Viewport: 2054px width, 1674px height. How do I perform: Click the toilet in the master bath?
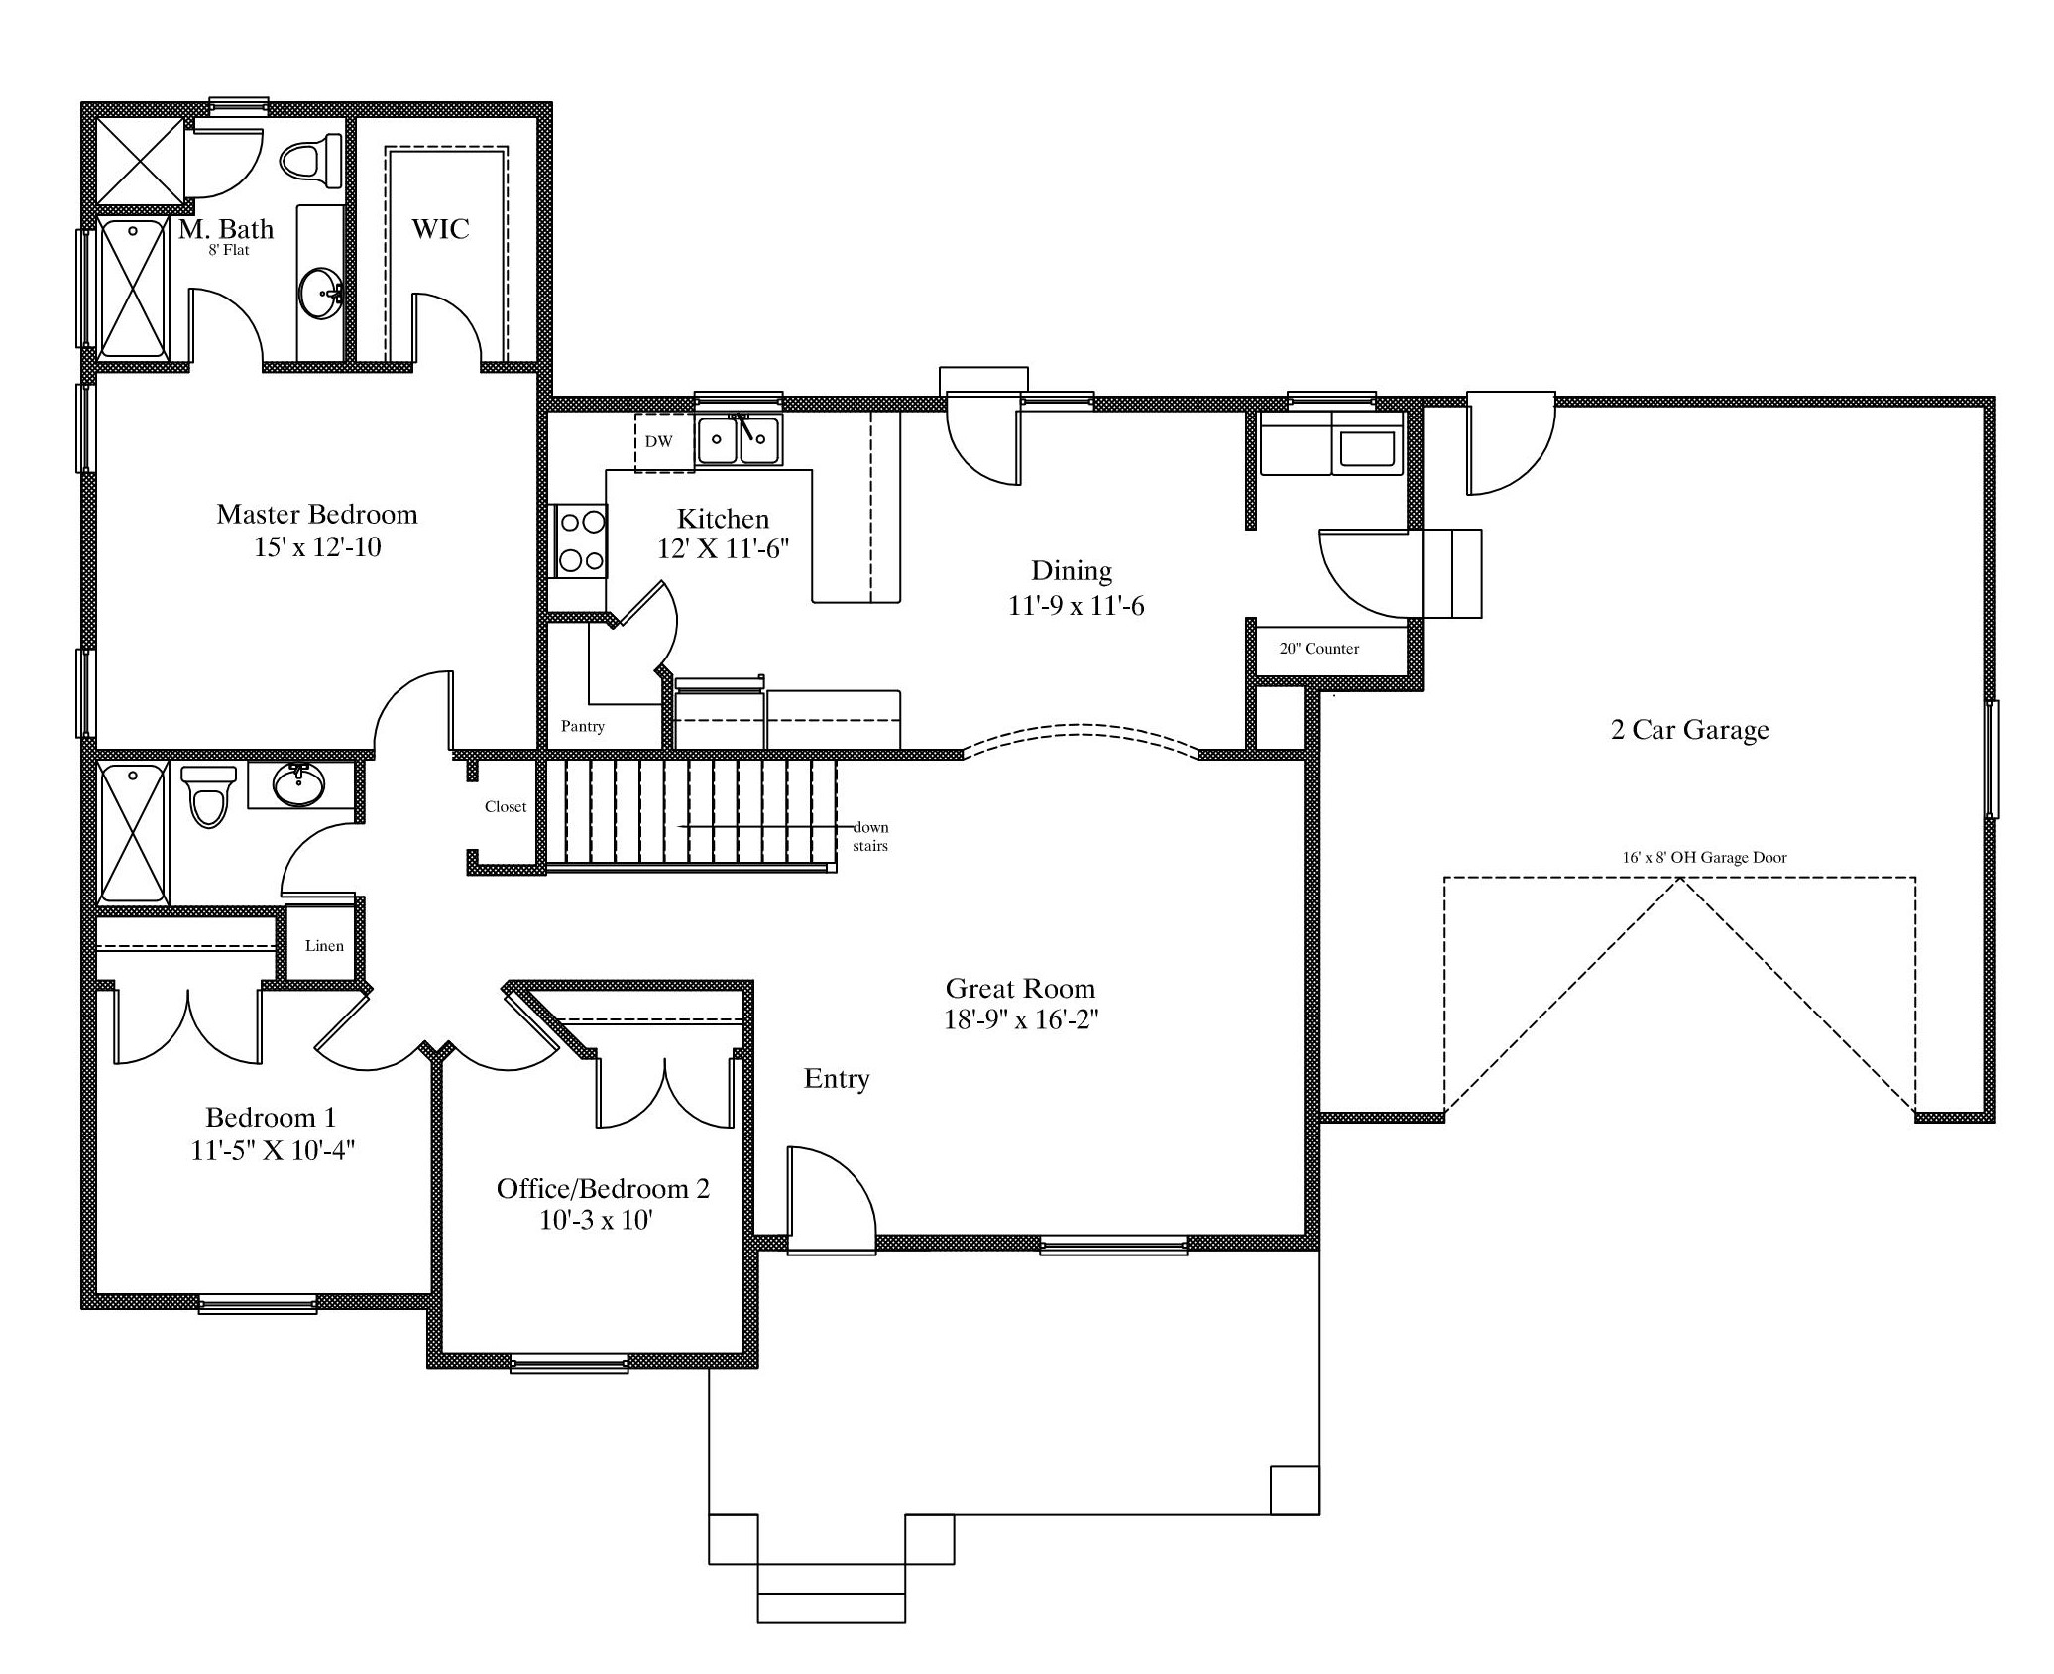[312, 161]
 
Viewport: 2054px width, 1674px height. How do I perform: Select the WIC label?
[440, 229]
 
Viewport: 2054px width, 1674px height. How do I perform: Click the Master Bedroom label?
[317, 514]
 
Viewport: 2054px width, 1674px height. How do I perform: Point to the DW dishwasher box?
[659, 441]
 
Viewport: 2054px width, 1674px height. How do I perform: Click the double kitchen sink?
[739, 439]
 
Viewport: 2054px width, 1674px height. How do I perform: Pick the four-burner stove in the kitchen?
[582, 540]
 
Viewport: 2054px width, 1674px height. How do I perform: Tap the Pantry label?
[583, 726]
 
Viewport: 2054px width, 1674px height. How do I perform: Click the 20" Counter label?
[1319, 649]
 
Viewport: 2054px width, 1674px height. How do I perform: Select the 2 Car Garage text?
[1690, 730]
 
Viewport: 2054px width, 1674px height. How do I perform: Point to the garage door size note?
[1705, 858]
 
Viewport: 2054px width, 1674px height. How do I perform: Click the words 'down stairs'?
[870, 837]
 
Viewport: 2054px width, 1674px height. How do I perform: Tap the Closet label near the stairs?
[506, 807]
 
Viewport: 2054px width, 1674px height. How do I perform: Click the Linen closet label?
[324, 946]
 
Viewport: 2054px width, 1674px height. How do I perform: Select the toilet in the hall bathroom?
[209, 796]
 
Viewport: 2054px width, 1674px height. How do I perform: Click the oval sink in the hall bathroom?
[298, 785]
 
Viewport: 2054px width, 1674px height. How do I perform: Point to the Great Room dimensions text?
[1021, 1019]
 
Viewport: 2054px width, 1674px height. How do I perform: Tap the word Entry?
[837, 1079]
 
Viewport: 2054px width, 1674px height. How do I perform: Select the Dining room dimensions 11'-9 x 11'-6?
[1076, 605]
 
